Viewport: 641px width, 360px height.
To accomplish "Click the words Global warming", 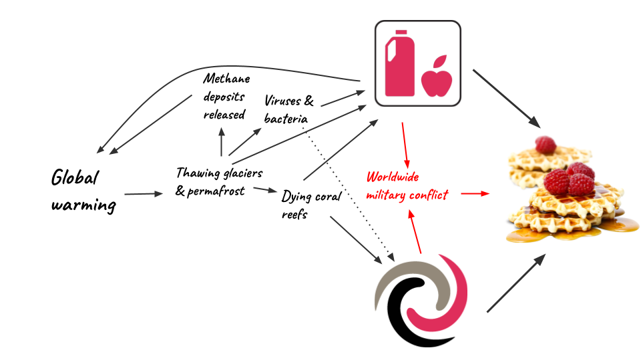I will (x=83, y=191).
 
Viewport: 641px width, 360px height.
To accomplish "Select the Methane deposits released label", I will (x=226, y=97).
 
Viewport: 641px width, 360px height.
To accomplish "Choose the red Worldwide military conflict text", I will (x=407, y=187).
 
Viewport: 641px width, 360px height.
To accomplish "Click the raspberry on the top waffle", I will (x=545, y=144).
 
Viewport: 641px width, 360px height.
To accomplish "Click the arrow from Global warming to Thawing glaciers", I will (x=144, y=194).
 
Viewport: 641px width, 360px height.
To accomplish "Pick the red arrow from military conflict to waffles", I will (x=475, y=193).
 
